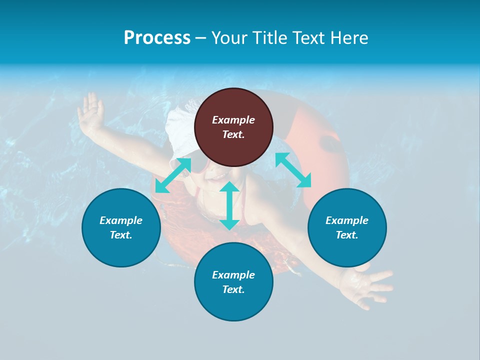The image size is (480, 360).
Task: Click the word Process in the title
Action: click(x=157, y=38)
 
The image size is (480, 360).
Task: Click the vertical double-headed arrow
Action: click(x=229, y=205)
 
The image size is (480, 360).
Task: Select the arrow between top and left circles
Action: click(x=173, y=175)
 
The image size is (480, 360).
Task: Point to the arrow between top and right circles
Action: click(x=293, y=170)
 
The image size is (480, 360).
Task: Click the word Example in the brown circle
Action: click(x=233, y=120)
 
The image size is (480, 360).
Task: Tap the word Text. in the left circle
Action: click(x=121, y=235)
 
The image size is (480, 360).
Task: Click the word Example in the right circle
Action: click(x=347, y=220)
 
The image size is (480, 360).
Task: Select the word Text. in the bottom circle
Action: click(x=233, y=289)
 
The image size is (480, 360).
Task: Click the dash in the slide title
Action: click(x=201, y=38)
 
